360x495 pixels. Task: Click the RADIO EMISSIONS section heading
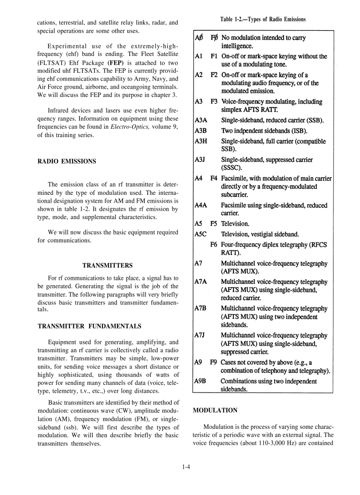pos(67,161)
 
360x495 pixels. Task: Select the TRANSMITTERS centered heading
pos(107,265)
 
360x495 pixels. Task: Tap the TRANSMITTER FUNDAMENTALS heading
pos(90,326)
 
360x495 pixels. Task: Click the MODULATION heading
pos(215,410)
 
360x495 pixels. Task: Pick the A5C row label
pos(201,234)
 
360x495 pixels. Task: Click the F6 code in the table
pos(214,245)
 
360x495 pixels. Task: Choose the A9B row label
pos(201,381)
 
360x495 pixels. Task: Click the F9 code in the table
pos(214,362)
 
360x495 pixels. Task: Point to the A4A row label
pos(201,205)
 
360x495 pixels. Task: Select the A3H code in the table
pos(201,141)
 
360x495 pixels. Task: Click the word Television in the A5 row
pos(235,223)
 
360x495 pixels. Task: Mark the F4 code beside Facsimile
pos(214,179)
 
